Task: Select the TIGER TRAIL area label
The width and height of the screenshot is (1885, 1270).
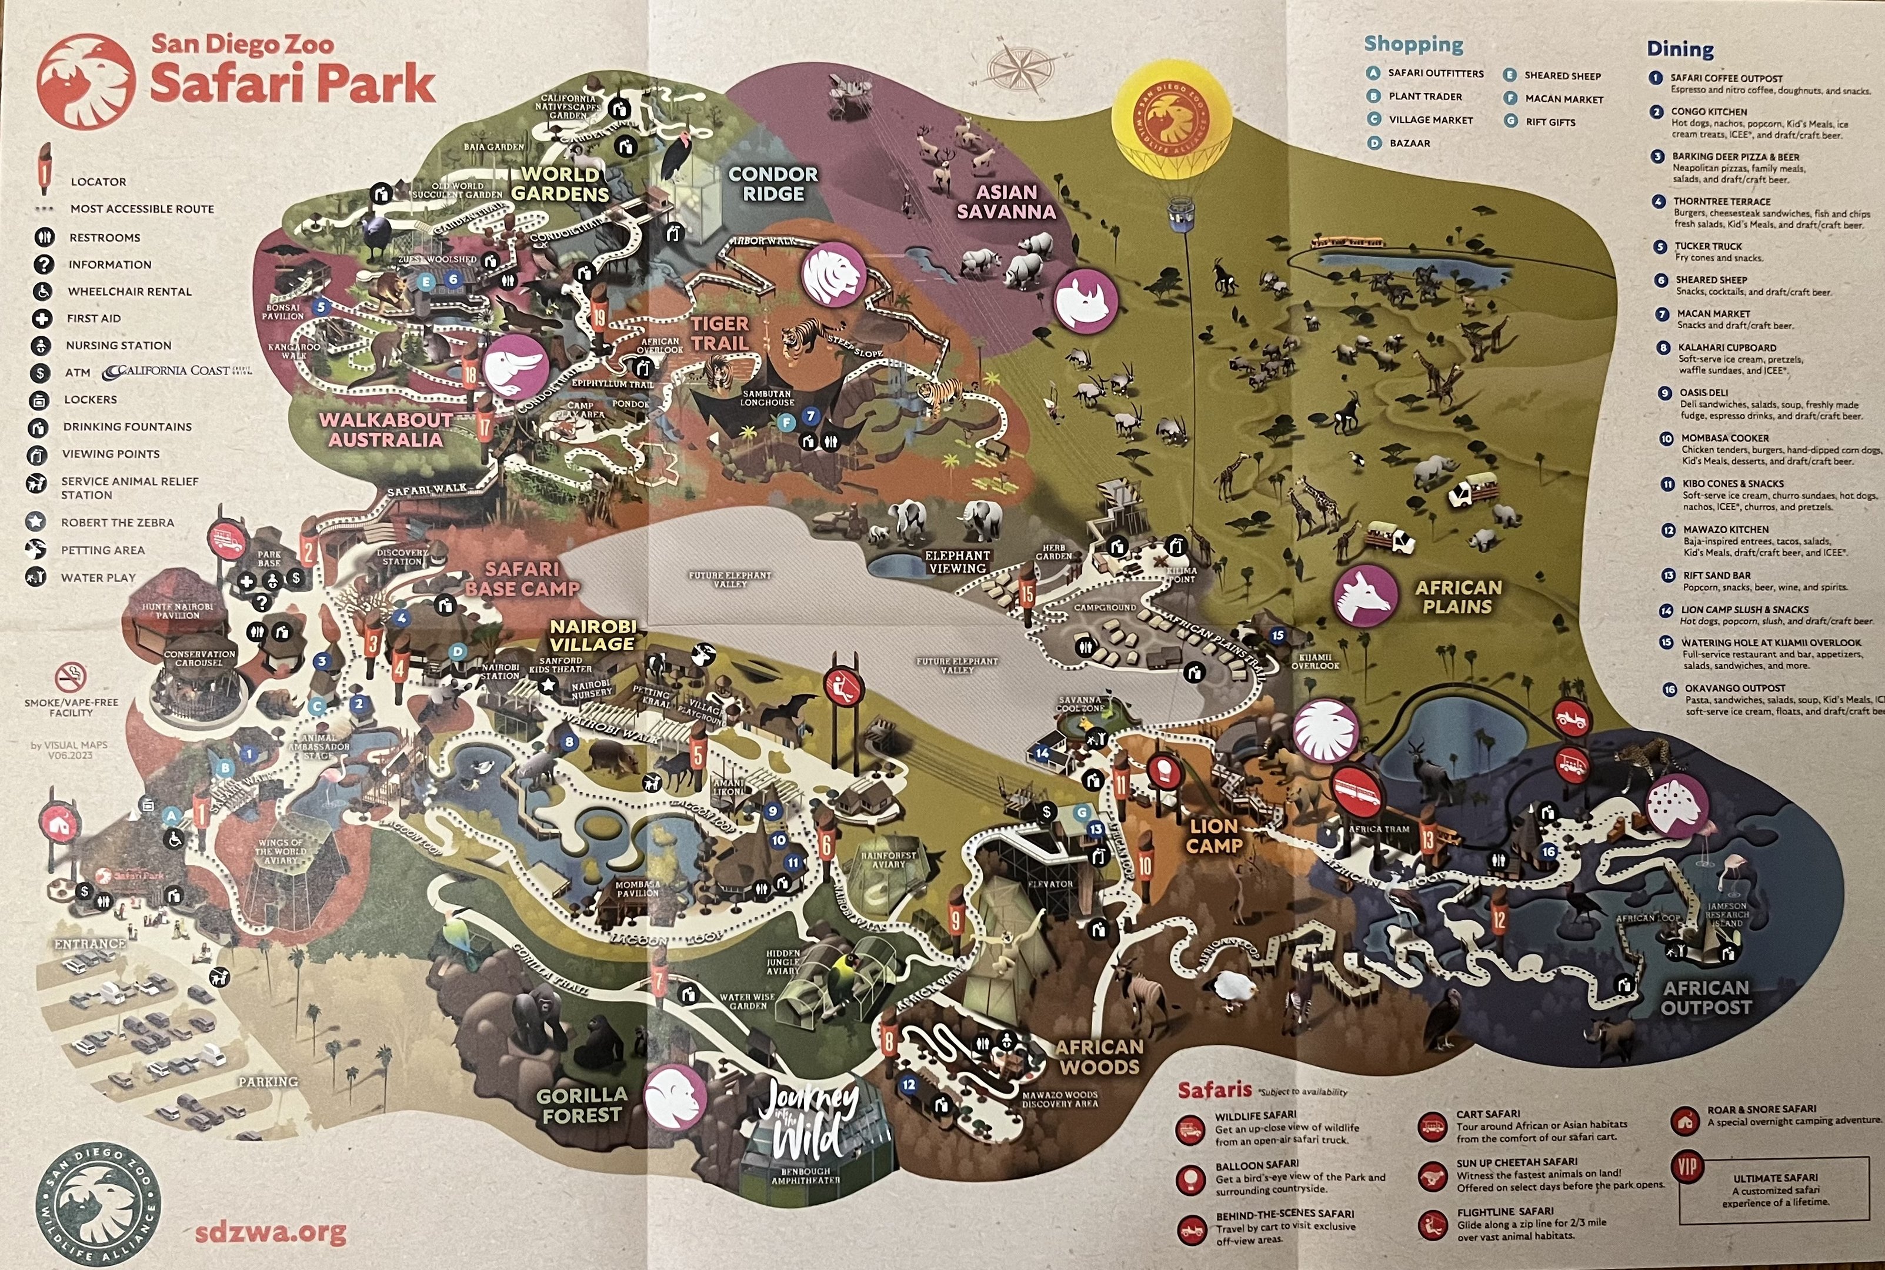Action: pyautogui.click(x=719, y=333)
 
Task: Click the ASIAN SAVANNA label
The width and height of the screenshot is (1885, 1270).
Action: pyautogui.click(x=1006, y=202)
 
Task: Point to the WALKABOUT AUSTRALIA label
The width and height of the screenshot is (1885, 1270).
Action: pyautogui.click(x=386, y=430)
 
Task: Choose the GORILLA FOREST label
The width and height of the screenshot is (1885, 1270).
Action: pyautogui.click(x=582, y=1105)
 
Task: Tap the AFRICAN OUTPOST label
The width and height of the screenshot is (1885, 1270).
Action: pyautogui.click(x=1706, y=997)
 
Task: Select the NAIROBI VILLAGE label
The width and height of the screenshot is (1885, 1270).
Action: pyautogui.click(x=593, y=636)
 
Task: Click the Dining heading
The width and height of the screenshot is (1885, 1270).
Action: pyautogui.click(x=1680, y=49)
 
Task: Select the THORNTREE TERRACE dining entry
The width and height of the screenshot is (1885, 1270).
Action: pyautogui.click(x=1721, y=202)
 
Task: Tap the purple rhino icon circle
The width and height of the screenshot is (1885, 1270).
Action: pyautogui.click(x=1086, y=300)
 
